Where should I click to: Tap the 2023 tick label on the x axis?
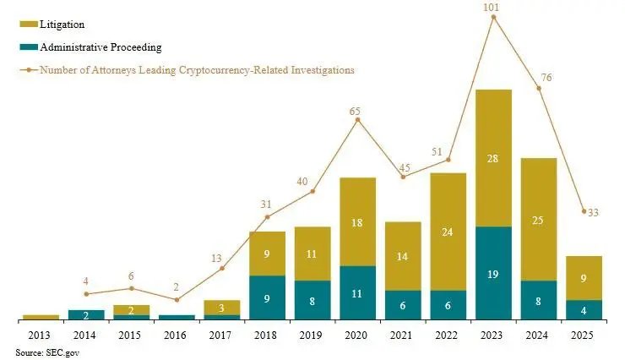[493, 336]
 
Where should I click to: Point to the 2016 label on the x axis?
[177, 336]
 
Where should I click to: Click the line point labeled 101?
[493, 17]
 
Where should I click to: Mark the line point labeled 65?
[358, 120]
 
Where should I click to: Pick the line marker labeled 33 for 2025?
[584, 211]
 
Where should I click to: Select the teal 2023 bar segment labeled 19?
[493, 274]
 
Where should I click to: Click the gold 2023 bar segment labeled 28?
[493, 158]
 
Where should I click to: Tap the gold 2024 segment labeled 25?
[539, 220]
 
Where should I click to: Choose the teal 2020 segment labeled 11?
[358, 293]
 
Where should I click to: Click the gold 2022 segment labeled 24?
[448, 232]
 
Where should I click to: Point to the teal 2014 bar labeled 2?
[86, 315]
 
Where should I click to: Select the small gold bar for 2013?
[41, 318]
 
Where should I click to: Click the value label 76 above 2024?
[546, 78]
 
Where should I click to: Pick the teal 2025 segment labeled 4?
[584, 310]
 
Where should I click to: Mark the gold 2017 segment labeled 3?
[222, 308]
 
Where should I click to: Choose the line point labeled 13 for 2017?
[222, 269]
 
